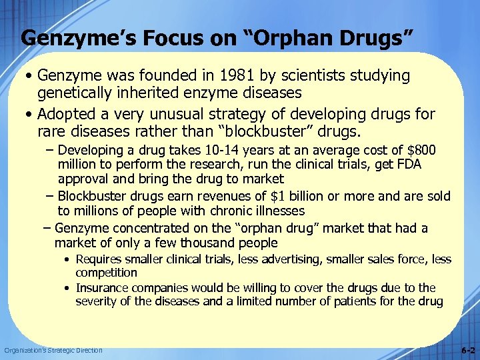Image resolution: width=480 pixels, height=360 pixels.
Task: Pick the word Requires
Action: tap(99, 259)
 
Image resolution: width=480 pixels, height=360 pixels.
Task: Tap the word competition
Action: tap(107, 273)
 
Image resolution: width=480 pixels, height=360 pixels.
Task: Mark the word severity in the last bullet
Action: tap(97, 302)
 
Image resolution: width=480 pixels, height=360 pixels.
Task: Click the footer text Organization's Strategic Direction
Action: tap(53, 351)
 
